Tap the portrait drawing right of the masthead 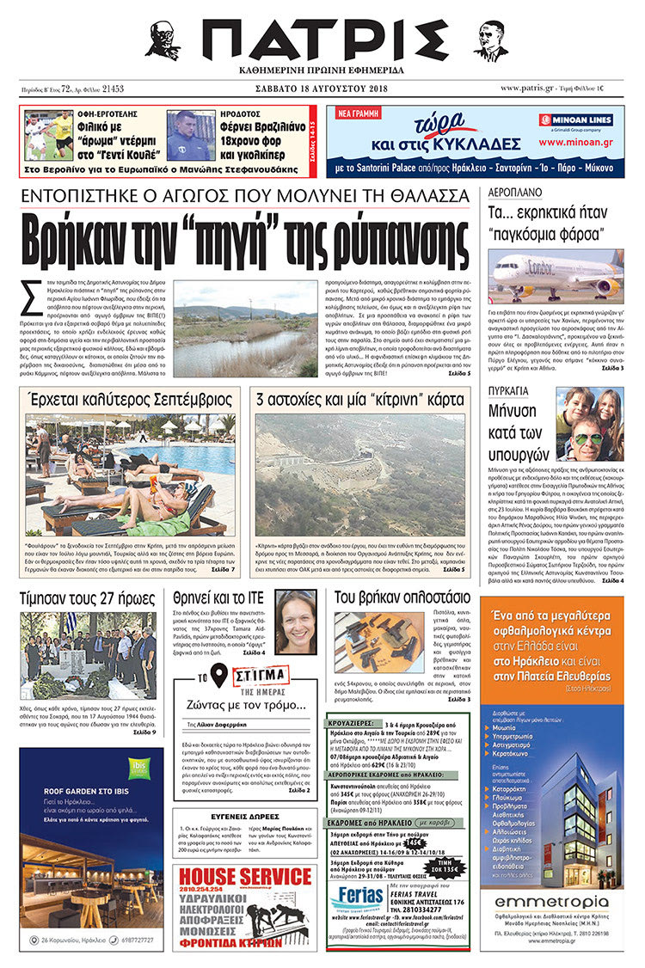pos(490,40)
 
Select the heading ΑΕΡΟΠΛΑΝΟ pos(514,193)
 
